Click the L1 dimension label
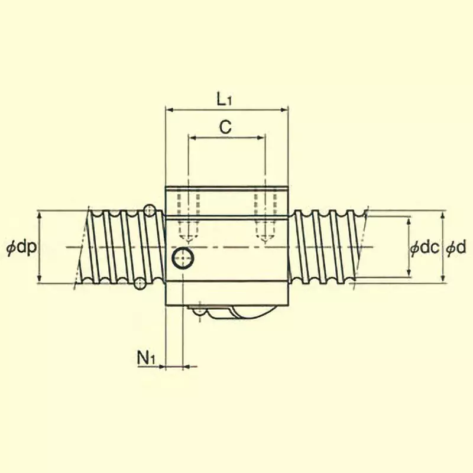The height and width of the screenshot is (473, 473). [x=225, y=99]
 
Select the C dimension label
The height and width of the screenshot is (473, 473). [x=225, y=127]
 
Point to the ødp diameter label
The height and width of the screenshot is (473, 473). [x=21, y=248]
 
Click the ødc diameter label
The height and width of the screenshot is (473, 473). [x=425, y=248]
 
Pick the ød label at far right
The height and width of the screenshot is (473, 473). [x=457, y=248]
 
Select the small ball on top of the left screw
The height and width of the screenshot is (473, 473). [x=150, y=210]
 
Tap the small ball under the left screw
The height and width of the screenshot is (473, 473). [x=140, y=284]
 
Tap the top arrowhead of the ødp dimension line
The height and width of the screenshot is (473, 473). [x=39, y=214]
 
